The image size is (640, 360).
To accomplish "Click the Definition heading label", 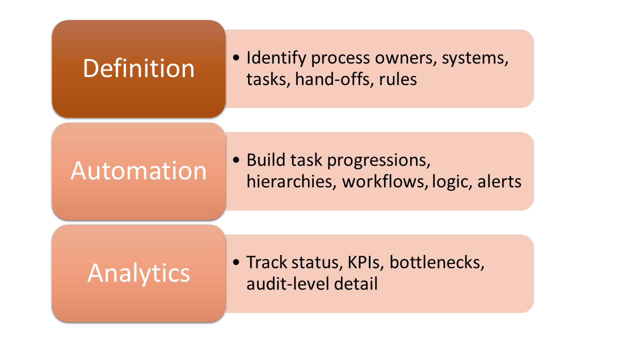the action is coord(138,68).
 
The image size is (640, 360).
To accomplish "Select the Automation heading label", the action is coord(138,170).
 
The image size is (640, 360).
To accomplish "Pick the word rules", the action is coord(397,79).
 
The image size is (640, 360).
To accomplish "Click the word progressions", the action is coord(378,161).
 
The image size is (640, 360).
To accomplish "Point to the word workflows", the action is coord(385,181).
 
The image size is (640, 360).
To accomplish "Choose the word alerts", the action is coord(499,181).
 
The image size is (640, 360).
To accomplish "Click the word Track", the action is coord(266,262).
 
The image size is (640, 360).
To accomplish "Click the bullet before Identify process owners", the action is coord(236,57).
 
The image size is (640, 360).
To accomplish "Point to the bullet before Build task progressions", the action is coord(236,160).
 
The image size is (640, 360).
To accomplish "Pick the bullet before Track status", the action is coord(236,262).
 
